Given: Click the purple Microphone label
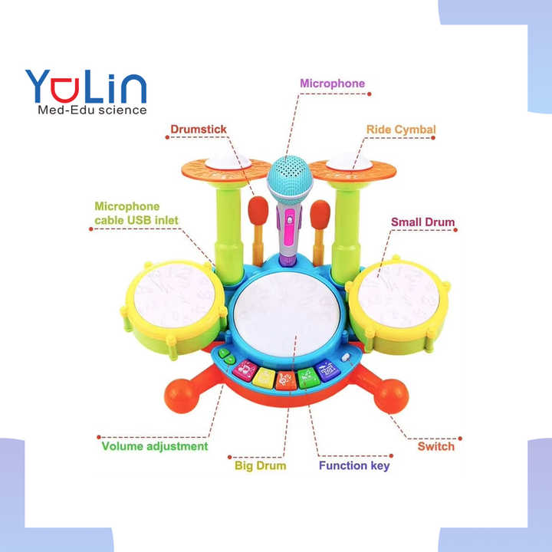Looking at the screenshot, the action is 332,83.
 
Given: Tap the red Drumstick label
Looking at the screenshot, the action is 198,130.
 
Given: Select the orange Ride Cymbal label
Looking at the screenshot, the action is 400,130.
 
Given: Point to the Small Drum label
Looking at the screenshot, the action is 422,222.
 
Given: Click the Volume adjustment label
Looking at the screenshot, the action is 155,445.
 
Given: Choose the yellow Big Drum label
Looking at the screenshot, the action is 260,465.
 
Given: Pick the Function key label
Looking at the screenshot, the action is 353,465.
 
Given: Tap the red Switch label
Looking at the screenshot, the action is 435,446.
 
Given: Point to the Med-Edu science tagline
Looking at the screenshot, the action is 92,110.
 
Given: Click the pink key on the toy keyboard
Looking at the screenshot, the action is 245,370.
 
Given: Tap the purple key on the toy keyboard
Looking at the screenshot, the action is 328,370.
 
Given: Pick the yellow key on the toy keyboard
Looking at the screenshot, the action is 264,377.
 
